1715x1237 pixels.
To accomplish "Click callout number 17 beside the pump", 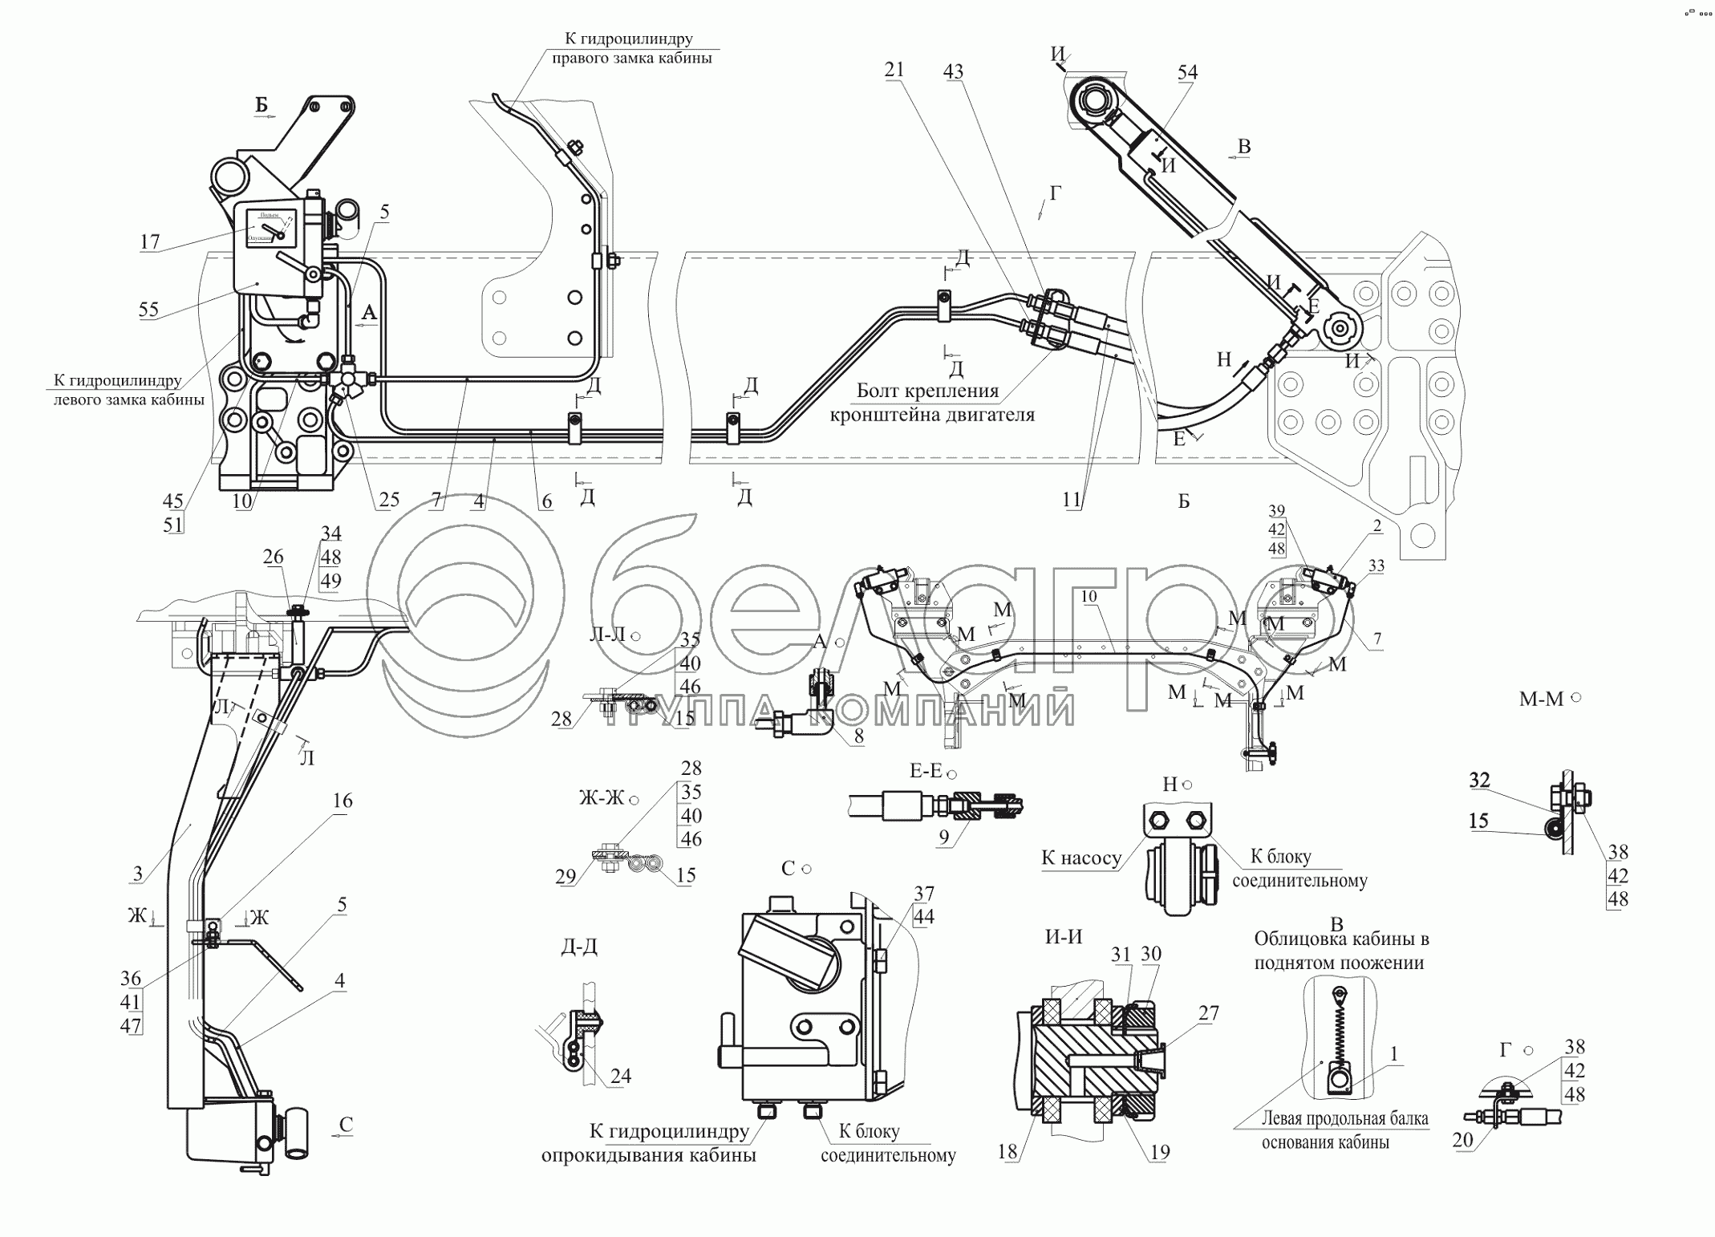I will pyautogui.click(x=150, y=241).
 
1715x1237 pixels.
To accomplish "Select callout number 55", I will pyautogui.click(x=148, y=310).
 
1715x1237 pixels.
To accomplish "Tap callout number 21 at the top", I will pyautogui.click(x=894, y=71).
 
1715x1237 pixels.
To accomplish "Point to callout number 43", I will pyautogui.click(x=953, y=72).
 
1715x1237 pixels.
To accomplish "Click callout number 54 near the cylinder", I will pyautogui.click(x=1187, y=72).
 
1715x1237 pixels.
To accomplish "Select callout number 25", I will pyautogui.click(x=388, y=501).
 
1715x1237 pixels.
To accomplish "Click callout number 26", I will pyautogui.click(x=273, y=557).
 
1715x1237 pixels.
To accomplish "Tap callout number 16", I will pyautogui.click(x=343, y=801).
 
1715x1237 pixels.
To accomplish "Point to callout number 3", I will pyautogui.click(x=138, y=874).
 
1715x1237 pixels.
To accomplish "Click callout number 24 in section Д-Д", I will pyautogui.click(x=620, y=1076).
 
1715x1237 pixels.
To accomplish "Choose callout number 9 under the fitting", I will pyautogui.click(x=944, y=838).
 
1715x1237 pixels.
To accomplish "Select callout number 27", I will pyautogui.click(x=1208, y=1014).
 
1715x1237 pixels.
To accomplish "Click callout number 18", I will pyautogui.click(x=1008, y=1151).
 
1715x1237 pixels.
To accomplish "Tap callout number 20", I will pyautogui.click(x=1462, y=1140).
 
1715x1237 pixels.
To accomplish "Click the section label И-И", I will pyautogui.click(x=1064, y=936).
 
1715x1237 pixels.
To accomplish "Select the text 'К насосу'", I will pyautogui.click(x=1080, y=858).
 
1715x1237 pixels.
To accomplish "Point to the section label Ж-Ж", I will pyautogui.click(x=602, y=799).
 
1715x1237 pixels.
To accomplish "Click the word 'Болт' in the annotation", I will pyautogui.click(x=881, y=391).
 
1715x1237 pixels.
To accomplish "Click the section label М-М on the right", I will pyautogui.click(x=1542, y=700).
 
